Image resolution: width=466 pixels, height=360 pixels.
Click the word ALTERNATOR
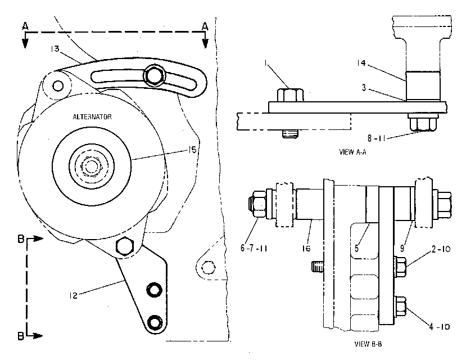tap(92, 117)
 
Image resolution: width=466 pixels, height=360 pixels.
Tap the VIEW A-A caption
tap(353, 152)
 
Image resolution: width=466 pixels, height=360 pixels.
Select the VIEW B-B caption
tap(368, 344)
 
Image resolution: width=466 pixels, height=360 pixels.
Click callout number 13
tap(55, 49)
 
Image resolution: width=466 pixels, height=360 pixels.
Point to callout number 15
tap(193, 150)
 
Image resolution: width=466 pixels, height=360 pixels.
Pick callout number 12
tap(73, 295)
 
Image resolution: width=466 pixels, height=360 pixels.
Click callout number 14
tap(361, 63)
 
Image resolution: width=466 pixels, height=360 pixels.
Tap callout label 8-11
tap(376, 138)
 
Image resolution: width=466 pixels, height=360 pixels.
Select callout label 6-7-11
tap(254, 248)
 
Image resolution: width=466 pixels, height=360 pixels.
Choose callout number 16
tap(306, 248)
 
